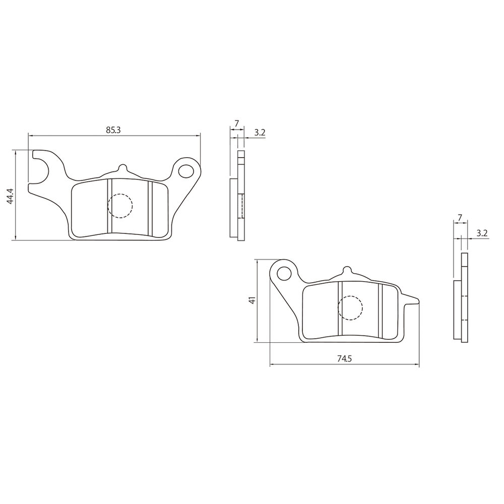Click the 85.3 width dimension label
click(113, 130)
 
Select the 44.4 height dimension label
click(10, 196)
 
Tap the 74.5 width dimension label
click(345, 359)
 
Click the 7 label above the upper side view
click(236, 123)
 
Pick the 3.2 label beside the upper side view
click(260, 133)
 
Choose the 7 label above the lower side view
click(460, 217)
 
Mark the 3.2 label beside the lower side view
click(482, 233)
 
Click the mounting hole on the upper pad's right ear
click(186, 171)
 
